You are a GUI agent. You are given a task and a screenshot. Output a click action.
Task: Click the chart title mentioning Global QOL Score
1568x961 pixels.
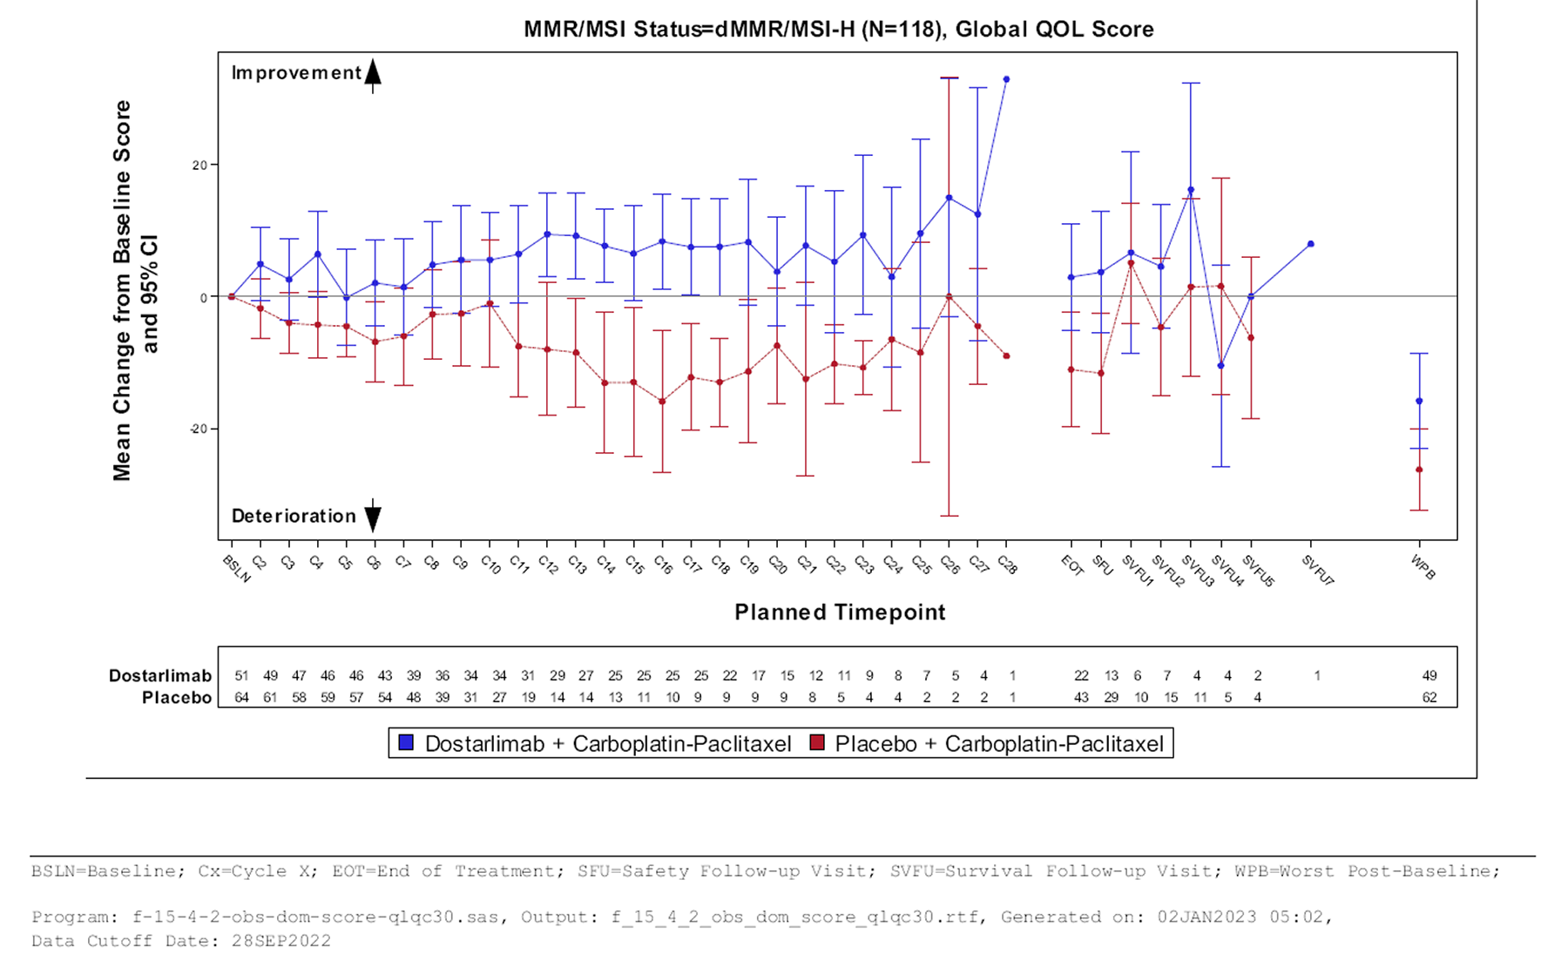[x=838, y=30]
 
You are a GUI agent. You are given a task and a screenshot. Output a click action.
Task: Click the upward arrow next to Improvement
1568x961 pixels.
[x=373, y=75]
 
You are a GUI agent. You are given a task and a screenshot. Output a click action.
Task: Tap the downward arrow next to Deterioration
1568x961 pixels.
[x=373, y=516]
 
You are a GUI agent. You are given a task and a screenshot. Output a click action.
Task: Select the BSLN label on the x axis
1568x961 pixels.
[x=236, y=569]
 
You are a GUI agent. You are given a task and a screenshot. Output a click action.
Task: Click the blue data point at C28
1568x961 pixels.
[x=1006, y=79]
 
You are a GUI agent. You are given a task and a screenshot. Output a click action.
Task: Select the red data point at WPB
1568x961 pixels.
[x=1419, y=470]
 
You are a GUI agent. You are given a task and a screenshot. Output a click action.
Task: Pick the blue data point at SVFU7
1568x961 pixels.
[x=1311, y=244]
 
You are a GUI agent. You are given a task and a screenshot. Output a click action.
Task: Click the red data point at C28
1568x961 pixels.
[x=1006, y=355]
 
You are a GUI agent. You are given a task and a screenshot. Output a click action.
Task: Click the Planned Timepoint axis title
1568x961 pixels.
[x=839, y=612]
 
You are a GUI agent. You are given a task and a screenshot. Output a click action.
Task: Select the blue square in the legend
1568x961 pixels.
[x=406, y=743]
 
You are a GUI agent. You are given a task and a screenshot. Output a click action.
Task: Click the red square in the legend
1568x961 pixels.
[x=817, y=743]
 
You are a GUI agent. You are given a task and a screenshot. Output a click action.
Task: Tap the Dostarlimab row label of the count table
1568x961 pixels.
[x=159, y=675]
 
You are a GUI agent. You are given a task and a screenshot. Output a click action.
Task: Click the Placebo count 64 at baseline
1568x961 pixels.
[x=241, y=697]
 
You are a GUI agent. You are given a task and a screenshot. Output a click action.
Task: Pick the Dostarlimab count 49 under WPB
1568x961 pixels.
[x=1429, y=675]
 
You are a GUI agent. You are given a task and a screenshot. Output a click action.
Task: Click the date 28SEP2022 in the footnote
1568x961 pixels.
[x=280, y=941]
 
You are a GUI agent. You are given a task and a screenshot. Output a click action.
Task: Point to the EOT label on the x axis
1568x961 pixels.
[x=1071, y=566]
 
